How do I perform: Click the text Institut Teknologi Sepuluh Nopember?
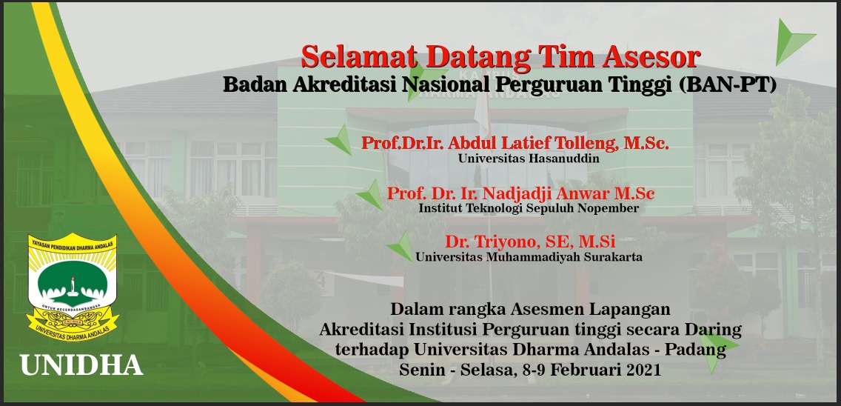click(x=529, y=208)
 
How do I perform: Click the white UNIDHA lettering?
click(x=81, y=365)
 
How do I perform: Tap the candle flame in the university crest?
click(x=72, y=280)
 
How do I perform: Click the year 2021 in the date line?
click(x=641, y=370)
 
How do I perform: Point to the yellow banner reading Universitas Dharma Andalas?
click(x=73, y=327)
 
